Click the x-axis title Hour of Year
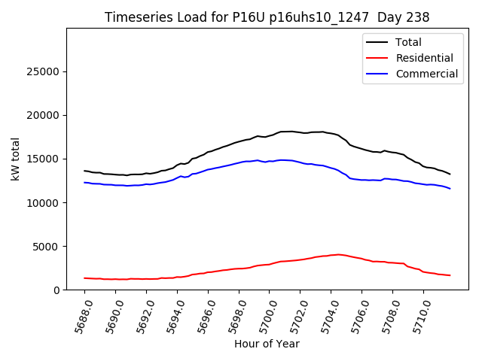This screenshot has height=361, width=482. [267, 344]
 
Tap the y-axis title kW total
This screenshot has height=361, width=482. [15, 159]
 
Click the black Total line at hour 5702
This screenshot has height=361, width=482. [300, 132]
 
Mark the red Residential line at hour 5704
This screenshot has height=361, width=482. [331, 255]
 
